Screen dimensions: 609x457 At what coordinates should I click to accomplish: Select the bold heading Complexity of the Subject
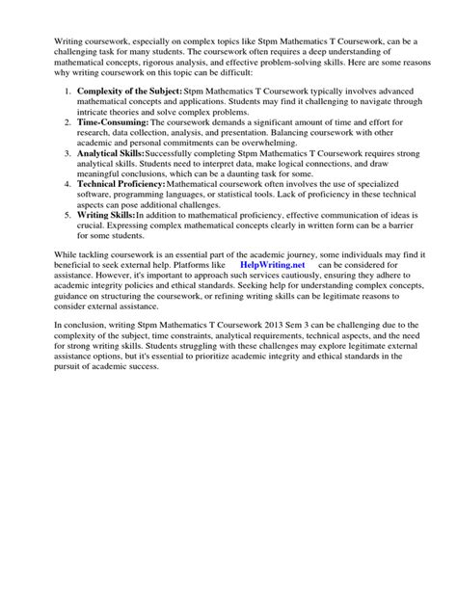click(x=129, y=90)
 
